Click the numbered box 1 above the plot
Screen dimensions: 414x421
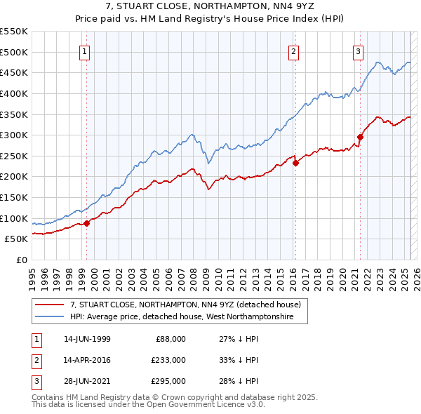84,51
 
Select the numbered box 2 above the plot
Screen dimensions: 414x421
293,51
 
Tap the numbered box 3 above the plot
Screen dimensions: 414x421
358,51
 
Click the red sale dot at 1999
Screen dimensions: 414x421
87,223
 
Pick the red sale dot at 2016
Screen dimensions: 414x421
295,163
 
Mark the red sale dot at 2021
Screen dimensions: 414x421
360,137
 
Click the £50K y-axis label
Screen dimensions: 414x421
16,239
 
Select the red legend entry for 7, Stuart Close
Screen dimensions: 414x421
185,305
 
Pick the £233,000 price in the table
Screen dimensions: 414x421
168,359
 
